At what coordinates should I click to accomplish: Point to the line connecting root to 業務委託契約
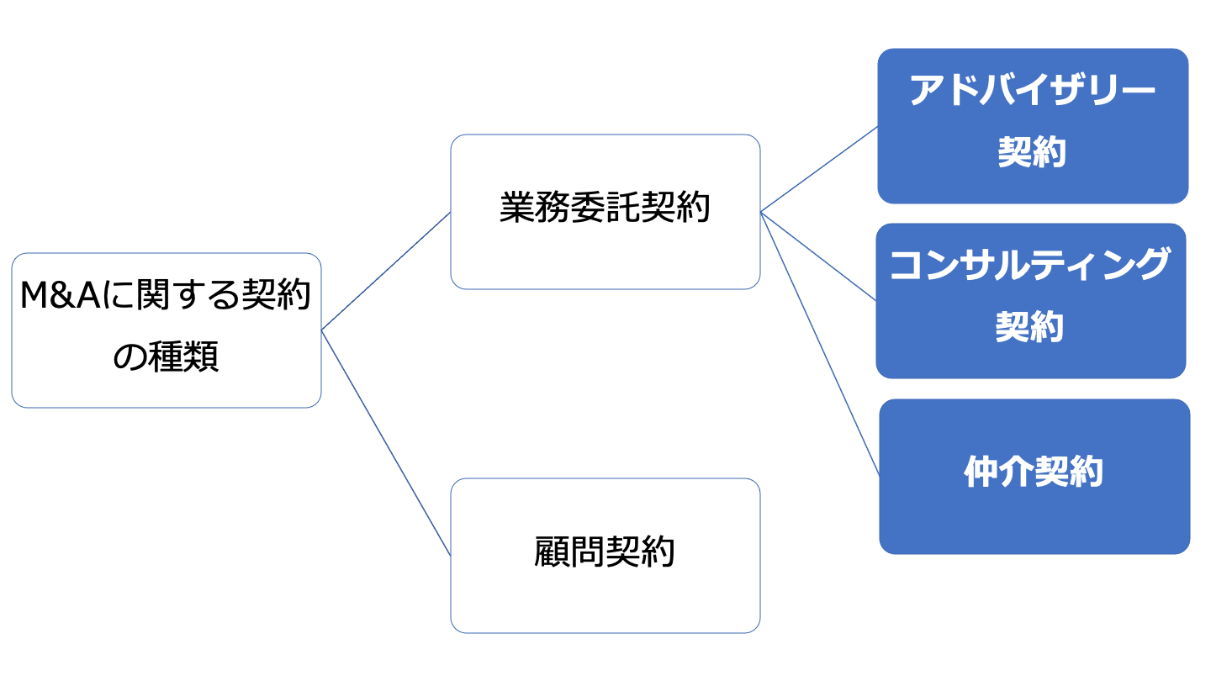tap(386, 271)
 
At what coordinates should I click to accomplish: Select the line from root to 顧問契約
tap(386, 442)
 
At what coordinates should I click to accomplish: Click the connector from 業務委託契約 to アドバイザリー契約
tap(819, 169)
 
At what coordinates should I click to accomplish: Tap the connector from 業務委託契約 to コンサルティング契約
tap(818, 256)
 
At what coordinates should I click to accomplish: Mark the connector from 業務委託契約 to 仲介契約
tap(820, 343)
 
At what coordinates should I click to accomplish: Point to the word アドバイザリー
tap(1033, 92)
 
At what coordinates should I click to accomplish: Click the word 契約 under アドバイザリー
tap(1032, 153)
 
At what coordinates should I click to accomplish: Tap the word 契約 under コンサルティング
tap(1029, 327)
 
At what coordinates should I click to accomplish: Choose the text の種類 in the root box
tap(167, 356)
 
